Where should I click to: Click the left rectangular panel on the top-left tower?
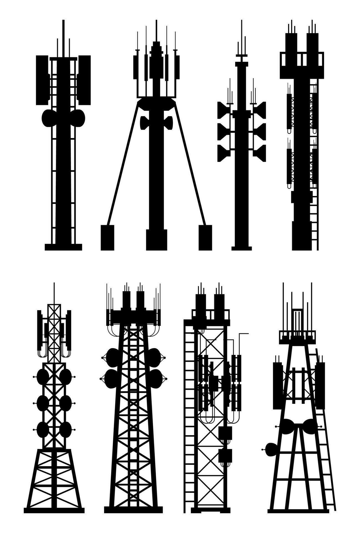click(42, 80)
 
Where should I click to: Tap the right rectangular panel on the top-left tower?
click(85, 80)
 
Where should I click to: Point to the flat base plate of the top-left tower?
click(63, 247)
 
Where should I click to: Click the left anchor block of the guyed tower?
click(107, 238)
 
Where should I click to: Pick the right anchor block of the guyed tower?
click(205, 238)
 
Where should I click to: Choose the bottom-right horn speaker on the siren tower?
click(260, 153)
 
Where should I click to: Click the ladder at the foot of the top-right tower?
click(314, 222)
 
